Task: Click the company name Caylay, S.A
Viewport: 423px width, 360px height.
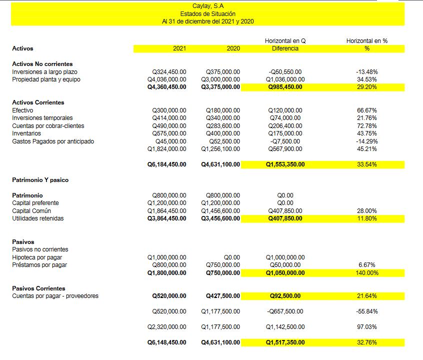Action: (207, 6)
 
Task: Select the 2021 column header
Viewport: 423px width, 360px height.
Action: (179, 48)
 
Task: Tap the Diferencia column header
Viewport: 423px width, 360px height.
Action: (285, 48)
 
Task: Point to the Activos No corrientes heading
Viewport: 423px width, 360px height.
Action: (42, 64)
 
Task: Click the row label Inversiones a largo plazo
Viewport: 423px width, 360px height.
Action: (44, 72)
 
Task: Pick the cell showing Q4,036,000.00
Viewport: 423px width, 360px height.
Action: (166, 79)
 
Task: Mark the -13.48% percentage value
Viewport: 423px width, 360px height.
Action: (366, 72)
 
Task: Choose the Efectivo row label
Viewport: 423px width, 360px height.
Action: (22, 110)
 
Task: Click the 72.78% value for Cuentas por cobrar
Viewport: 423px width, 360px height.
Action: (366, 126)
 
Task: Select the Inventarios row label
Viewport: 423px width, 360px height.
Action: (26, 133)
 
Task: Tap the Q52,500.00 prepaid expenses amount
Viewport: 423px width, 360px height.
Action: (223, 141)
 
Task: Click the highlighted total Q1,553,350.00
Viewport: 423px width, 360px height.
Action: (285, 164)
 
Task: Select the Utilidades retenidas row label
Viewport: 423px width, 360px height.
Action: (38, 218)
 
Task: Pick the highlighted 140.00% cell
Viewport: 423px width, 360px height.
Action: (366, 273)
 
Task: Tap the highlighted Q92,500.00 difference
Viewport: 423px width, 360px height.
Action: (285, 296)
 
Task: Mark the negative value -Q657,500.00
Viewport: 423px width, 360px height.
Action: (285, 311)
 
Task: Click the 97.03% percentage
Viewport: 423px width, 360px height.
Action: (366, 327)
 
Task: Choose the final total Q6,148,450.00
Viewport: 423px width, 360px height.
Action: (166, 342)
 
